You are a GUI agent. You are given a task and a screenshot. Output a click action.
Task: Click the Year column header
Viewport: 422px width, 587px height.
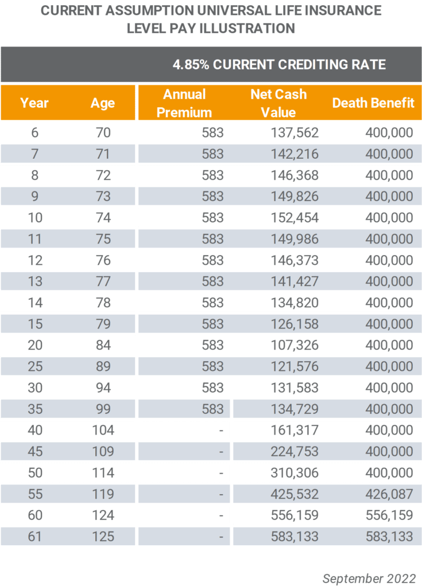tap(34, 103)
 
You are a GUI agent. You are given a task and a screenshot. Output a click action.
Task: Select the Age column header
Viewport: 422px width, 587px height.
tap(103, 103)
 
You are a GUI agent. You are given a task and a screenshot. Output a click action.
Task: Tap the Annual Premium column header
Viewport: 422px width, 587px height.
tap(184, 103)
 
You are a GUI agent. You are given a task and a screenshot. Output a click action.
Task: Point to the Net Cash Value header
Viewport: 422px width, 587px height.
tap(278, 103)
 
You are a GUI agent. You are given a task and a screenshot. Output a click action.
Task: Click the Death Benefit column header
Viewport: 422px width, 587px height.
tap(373, 103)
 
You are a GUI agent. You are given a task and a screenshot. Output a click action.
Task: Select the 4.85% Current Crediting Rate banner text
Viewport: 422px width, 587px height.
tap(279, 64)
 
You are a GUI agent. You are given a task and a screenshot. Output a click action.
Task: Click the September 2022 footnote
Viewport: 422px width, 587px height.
tap(369, 578)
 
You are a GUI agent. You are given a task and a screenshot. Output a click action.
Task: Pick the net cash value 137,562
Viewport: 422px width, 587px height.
tap(295, 132)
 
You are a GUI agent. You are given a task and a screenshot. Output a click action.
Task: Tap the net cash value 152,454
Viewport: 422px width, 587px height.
tap(295, 217)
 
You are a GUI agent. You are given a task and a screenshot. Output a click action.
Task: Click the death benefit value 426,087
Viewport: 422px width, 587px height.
tap(389, 494)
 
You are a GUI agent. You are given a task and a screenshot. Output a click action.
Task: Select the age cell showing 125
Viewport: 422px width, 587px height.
tap(103, 537)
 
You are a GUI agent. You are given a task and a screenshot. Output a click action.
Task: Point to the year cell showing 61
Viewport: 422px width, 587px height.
tap(34, 537)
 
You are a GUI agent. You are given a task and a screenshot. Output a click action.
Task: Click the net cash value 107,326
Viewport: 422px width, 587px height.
tap(295, 345)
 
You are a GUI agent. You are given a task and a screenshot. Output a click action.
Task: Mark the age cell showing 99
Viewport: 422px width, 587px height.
tap(103, 409)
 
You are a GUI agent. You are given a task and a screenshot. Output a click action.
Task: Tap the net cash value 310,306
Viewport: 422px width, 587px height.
tap(295, 473)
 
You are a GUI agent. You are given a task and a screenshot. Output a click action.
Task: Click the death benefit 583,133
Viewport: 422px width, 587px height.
tap(389, 537)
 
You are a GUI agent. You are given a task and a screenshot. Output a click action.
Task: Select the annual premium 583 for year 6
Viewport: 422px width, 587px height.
tap(212, 132)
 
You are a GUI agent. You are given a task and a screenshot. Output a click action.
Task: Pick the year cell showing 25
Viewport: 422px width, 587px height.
tap(35, 366)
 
